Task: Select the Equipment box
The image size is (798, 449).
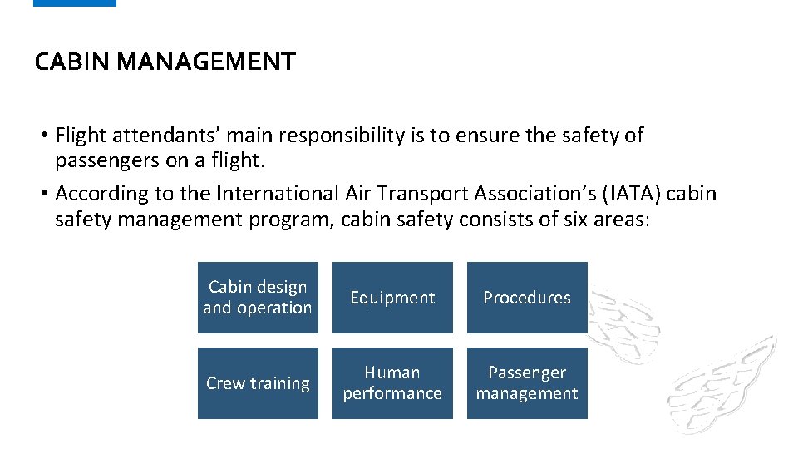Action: coord(392,298)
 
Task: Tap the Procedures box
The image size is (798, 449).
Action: coord(527,298)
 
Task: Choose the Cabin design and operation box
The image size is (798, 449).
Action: coord(258,298)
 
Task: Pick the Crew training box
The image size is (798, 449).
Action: coord(258,383)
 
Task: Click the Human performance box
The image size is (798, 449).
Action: coord(392,383)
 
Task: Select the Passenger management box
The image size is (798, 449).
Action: coord(527,383)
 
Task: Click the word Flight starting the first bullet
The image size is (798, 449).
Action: coord(79,136)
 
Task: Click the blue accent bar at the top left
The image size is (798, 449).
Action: coord(75,3)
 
